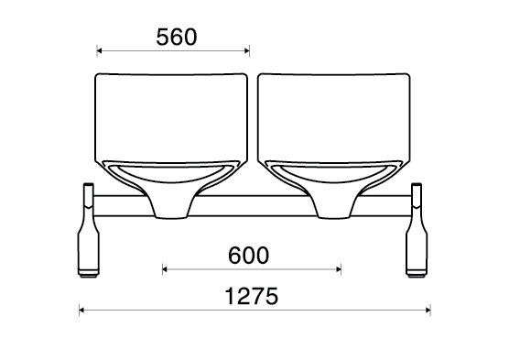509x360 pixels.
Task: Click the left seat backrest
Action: click(173, 114)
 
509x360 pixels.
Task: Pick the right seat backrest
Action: click(334, 114)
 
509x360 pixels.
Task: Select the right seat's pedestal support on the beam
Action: click(334, 203)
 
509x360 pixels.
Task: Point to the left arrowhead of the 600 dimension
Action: click(165, 269)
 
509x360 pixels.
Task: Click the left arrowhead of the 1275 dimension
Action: click(82, 311)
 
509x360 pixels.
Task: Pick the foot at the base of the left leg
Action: click(88, 272)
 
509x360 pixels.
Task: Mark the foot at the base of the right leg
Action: click(418, 272)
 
